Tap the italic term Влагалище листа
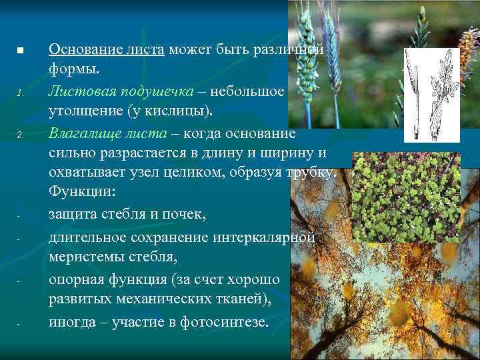(x=107, y=133)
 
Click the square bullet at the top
(x=21, y=51)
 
